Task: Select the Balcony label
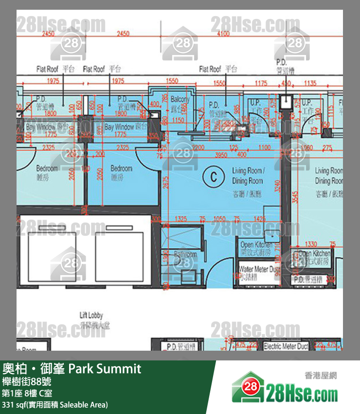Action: click(x=180, y=99)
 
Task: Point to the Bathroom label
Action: click(x=185, y=255)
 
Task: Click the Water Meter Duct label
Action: click(x=259, y=269)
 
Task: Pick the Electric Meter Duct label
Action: click(x=286, y=347)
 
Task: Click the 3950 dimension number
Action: click(x=221, y=154)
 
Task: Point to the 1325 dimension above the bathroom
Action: click(x=180, y=219)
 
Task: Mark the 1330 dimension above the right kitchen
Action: click(x=310, y=244)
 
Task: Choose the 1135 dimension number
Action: click(x=310, y=83)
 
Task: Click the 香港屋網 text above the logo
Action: click(x=321, y=376)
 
